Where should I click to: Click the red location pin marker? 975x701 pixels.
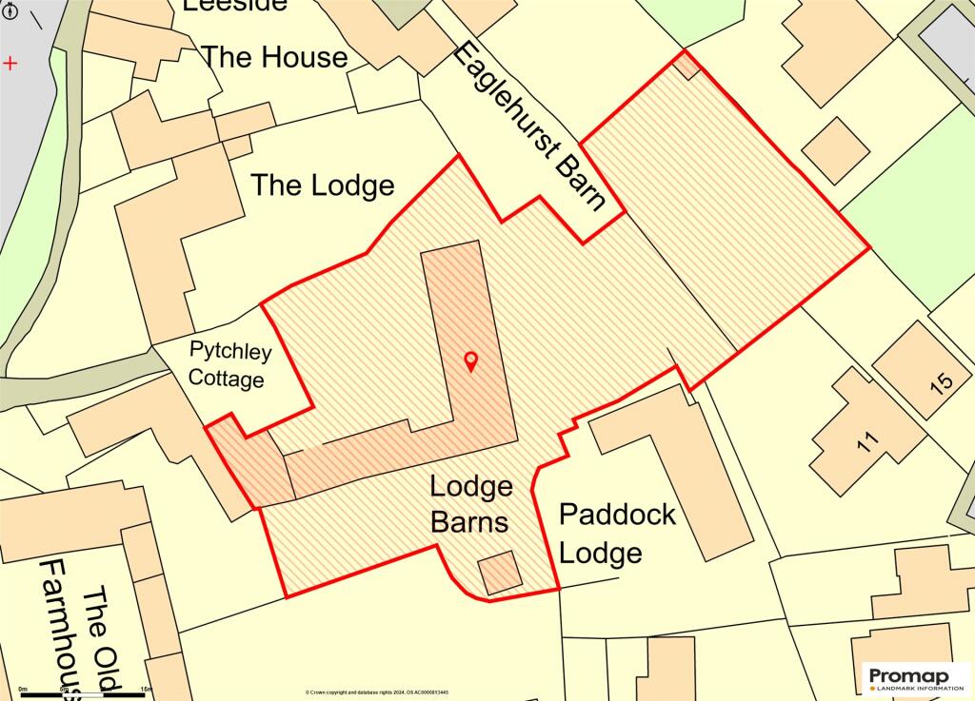tap(469, 361)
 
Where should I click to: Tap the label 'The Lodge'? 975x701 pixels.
tap(322, 185)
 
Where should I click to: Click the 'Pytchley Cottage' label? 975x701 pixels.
tap(229, 365)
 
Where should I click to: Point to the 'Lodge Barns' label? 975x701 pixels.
tap(470, 504)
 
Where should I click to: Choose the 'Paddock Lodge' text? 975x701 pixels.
tap(616, 534)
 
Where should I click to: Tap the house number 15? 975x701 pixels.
tap(941, 383)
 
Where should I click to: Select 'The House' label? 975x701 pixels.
tap(274, 57)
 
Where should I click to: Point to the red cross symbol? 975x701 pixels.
tap(10, 64)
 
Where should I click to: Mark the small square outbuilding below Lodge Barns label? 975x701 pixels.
tap(500, 573)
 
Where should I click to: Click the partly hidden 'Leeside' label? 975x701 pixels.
tap(234, 5)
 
